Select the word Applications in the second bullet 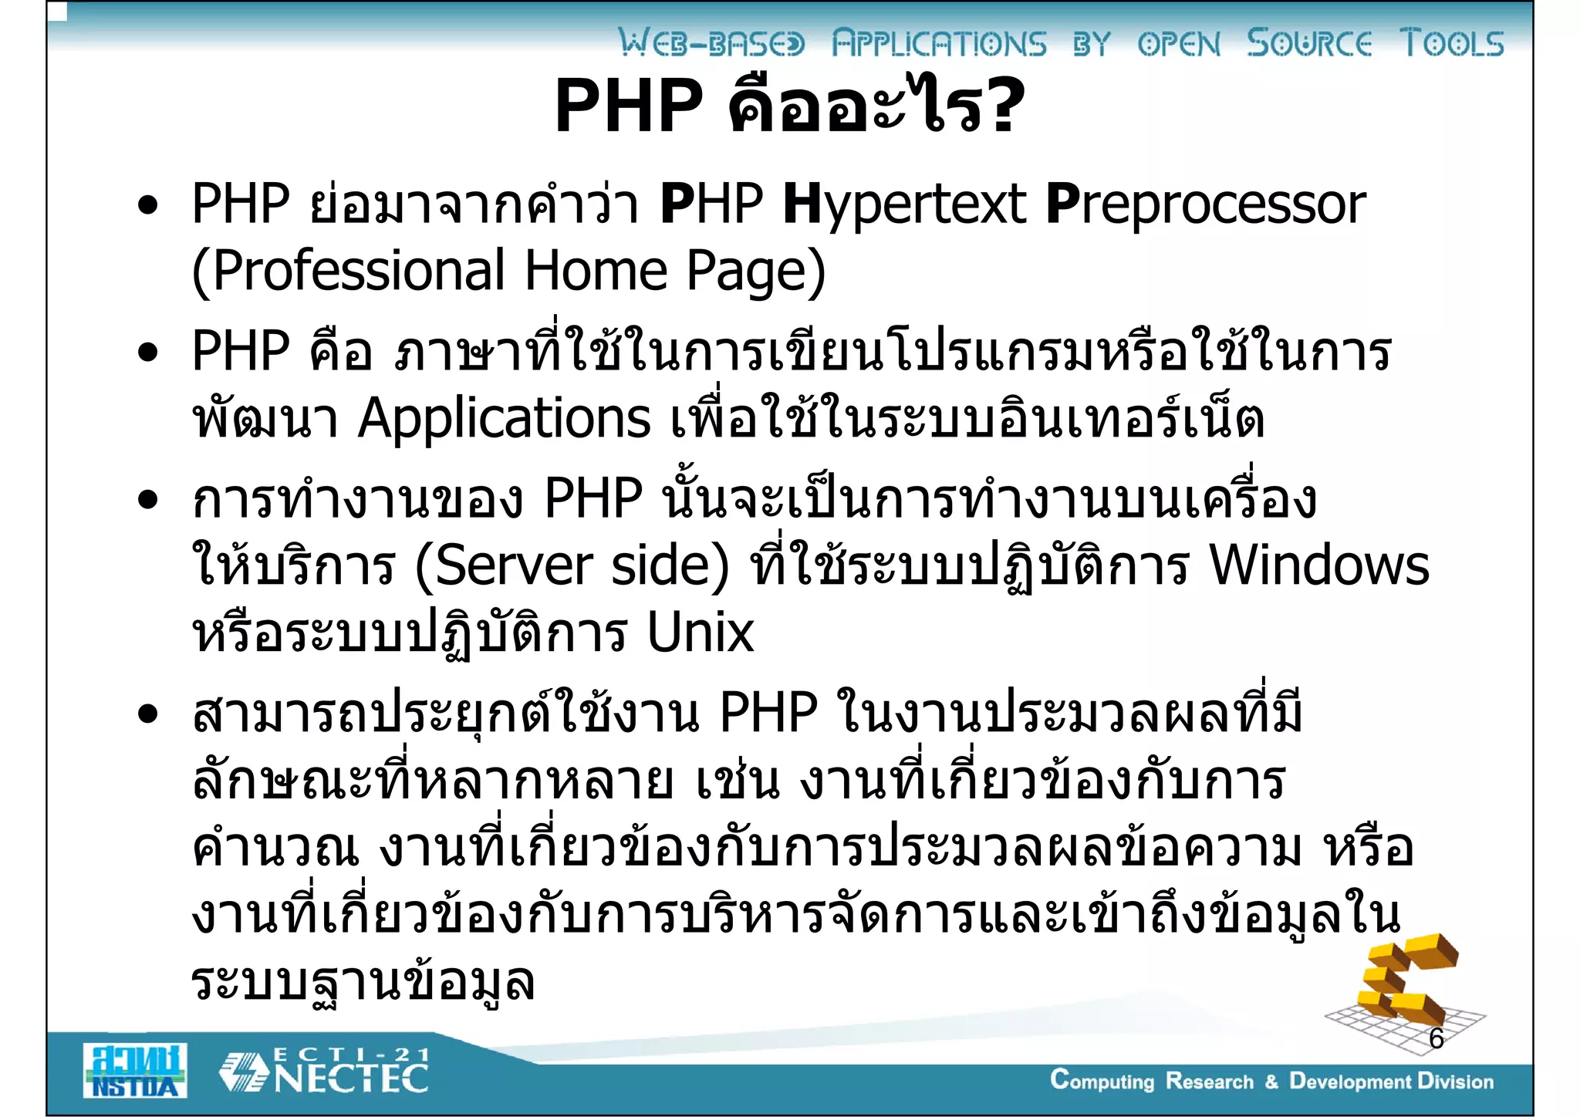(505, 419)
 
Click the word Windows (1319, 565)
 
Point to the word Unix (700, 633)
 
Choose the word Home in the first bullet (596, 271)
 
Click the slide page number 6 (1436, 1038)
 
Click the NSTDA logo (135, 1070)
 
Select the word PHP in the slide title (629, 106)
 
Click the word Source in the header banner (1309, 43)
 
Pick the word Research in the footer (1209, 1081)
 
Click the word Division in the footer (1455, 1081)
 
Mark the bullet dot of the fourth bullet (147, 714)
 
